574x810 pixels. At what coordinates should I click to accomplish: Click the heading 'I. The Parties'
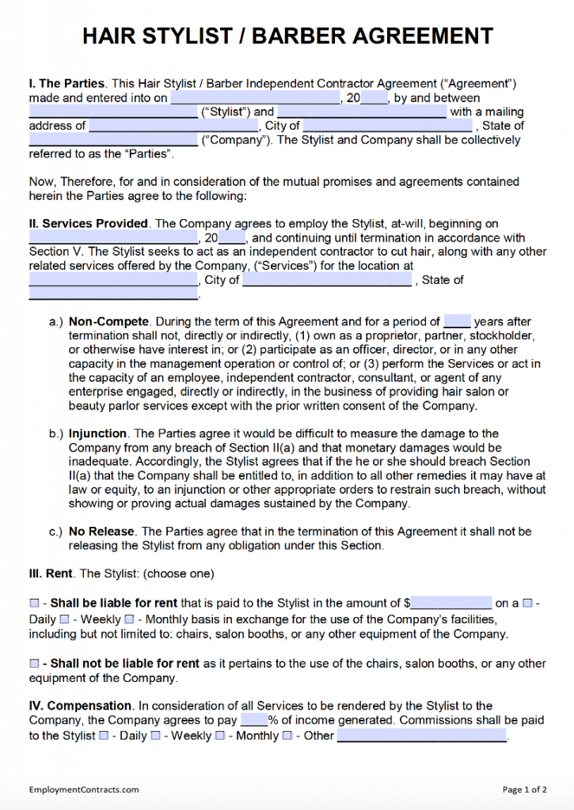tap(67, 83)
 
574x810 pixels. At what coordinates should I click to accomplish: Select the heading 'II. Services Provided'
tap(88, 224)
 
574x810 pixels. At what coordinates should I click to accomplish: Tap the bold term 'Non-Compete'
tap(108, 322)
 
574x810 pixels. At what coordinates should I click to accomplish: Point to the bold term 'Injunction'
tap(97, 433)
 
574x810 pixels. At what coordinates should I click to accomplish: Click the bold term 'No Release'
tap(102, 532)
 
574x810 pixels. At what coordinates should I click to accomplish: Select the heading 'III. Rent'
tap(51, 573)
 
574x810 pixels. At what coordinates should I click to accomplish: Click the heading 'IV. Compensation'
tap(80, 706)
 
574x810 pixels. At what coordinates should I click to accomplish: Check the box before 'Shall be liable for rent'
tap(34, 604)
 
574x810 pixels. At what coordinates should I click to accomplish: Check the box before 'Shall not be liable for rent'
tap(34, 664)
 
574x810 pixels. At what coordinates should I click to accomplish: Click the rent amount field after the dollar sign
tap(451, 604)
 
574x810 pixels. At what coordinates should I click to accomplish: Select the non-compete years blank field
tap(458, 322)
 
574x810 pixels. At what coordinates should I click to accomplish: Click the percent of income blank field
tap(254, 721)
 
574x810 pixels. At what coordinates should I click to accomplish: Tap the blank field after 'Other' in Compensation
tap(422, 736)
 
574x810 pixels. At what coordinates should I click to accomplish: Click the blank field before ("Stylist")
tap(112, 112)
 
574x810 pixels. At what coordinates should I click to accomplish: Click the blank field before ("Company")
tap(112, 141)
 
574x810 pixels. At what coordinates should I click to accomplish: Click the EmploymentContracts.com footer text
tap(84, 789)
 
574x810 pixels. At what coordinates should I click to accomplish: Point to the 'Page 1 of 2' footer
tap(524, 789)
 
